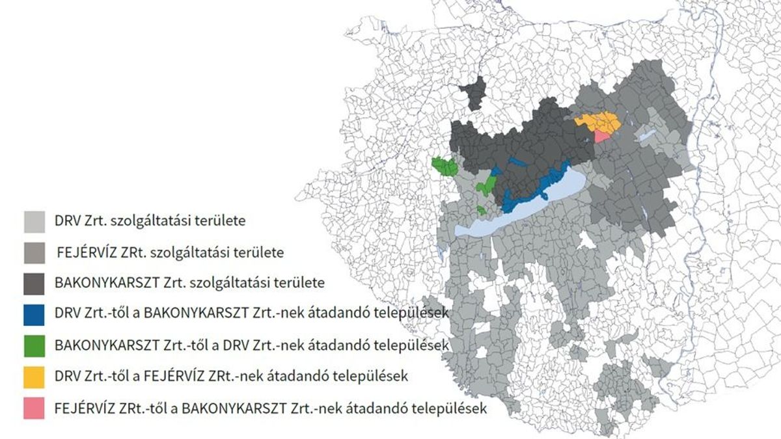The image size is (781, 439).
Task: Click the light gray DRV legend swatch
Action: tap(34, 220)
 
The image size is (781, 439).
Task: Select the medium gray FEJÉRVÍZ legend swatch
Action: tap(34, 252)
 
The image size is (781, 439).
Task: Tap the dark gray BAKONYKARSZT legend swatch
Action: tap(34, 283)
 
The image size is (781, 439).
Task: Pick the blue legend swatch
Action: tap(34, 314)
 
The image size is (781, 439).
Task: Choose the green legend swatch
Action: tap(34, 345)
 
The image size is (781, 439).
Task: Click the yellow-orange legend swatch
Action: tap(34, 377)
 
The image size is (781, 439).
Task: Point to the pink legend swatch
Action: tap(34, 408)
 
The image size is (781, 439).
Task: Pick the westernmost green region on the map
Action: tap(445, 166)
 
